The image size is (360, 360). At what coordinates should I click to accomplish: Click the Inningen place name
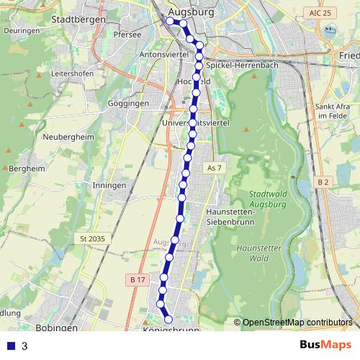click(x=109, y=185)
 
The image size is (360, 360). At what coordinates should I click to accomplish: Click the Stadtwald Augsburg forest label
click(x=267, y=199)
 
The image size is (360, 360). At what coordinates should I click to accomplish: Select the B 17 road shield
click(x=138, y=279)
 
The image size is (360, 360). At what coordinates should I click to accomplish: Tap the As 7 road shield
click(x=212, y=168)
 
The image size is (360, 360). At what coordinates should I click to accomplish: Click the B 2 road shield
click(x=323, y=182)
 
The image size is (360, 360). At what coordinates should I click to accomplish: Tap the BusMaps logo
click(x=325, y=346)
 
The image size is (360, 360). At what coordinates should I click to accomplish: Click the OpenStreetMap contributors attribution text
click(x=297, y=323)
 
